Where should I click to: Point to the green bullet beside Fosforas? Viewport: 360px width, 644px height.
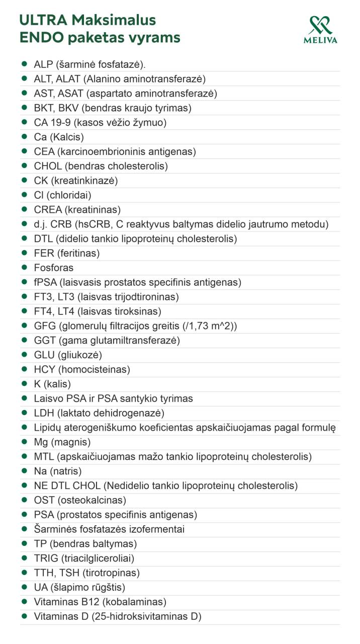(x=24, y=268)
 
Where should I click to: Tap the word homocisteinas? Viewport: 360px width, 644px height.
(x=94, y=370)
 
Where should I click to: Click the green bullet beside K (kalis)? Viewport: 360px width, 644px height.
(x=24, y=384)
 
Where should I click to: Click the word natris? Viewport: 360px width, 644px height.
(x=66, y=471)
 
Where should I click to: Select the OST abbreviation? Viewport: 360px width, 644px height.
(x=43, y=501)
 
